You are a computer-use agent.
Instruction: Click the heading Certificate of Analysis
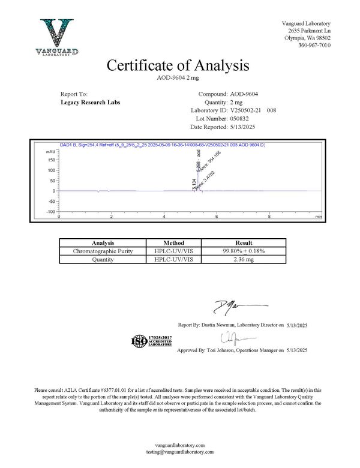178,65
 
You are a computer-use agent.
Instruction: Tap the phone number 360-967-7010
314,46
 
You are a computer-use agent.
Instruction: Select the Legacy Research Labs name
91,103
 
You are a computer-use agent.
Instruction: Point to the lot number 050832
242,119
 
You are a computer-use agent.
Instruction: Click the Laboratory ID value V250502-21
246,111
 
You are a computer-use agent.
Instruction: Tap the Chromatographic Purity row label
98,251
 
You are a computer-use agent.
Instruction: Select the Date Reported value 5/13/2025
243,128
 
